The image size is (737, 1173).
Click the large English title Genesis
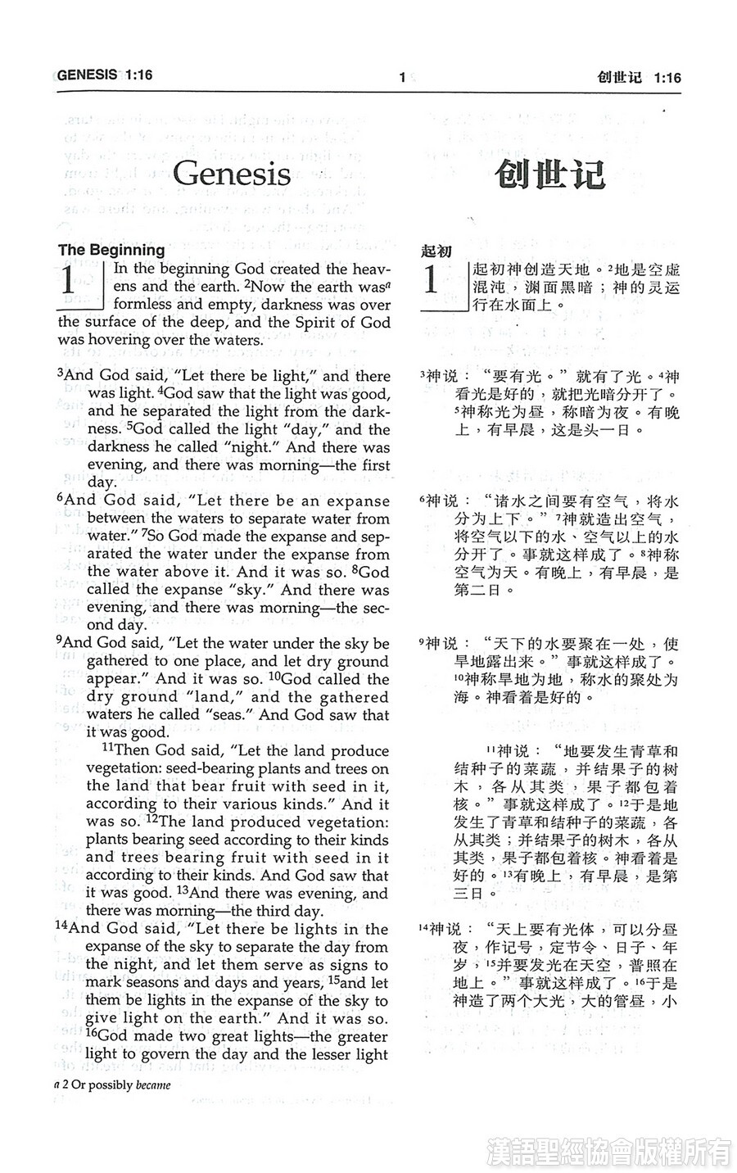[232, 174]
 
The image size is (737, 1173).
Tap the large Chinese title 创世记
[549, 174]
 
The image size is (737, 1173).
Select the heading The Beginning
[111, 250]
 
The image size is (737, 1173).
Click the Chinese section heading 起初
[436, 251]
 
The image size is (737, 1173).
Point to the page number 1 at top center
[402, 78]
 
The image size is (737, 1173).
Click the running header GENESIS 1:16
[105, 75]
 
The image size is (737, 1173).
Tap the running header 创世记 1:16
[639, 78]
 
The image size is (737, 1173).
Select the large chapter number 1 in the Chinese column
[432, 280]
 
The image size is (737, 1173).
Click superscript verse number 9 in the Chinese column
[421, 641]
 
